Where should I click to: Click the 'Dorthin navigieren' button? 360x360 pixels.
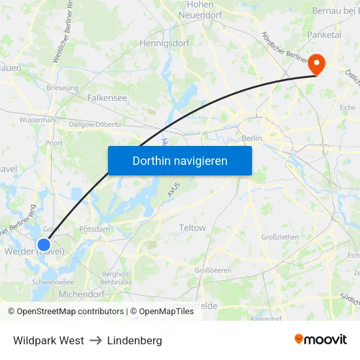(x=179, y=160)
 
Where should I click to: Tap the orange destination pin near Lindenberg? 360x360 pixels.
(x=317, y=63)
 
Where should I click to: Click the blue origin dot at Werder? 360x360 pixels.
(x=44, y=245)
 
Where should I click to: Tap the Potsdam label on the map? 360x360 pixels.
(x=94, y=229)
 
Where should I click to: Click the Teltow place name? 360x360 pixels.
(x=192, y=228)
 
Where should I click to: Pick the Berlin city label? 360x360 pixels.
(x=251, y=138)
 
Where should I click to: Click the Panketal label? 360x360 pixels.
(x=324, y=34)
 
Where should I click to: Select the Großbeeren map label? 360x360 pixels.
(x=213, y=270)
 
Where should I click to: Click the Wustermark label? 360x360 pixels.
(x=38, y=120)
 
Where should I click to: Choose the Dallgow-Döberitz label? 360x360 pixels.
(x=95, y=124)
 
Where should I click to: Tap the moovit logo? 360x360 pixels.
(x=321, y=339)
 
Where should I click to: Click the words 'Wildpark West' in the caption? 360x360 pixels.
(x=48, y=340)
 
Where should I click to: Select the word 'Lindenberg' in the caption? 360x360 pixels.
(x=134, y=340)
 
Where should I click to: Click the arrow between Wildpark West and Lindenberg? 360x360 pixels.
(x=96, y=340)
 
